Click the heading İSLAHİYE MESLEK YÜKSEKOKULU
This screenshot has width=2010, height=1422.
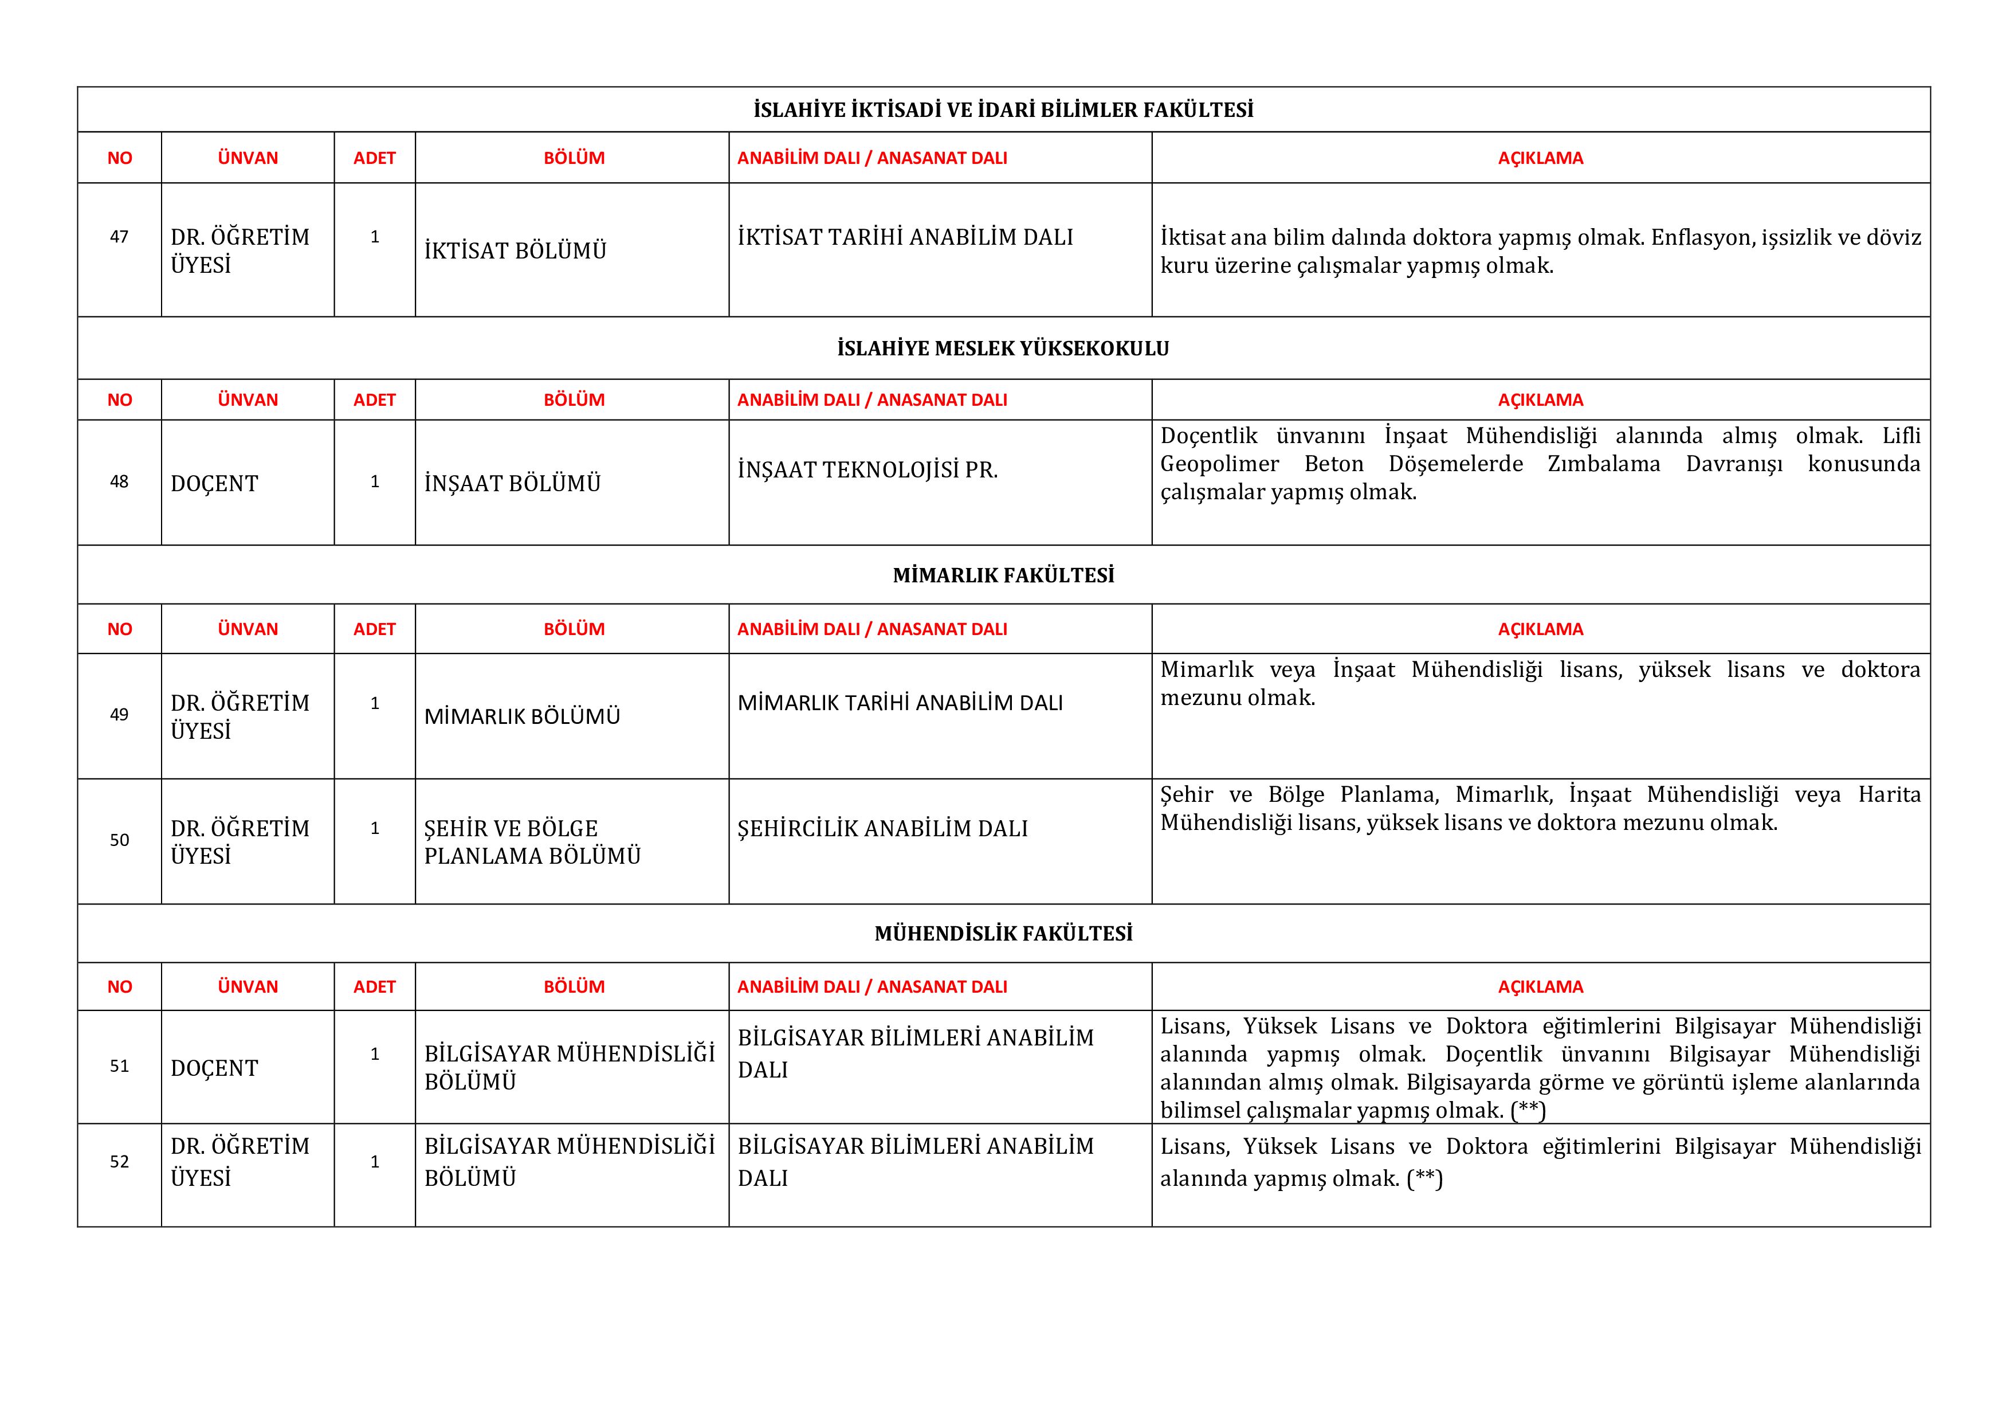(x=1003, y=348)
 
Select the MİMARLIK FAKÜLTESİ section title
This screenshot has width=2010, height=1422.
(x=1003, y=575)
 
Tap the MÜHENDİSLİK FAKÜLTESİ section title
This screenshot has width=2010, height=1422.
(x=1003, y=934)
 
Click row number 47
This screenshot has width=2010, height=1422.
(x=119, y=236)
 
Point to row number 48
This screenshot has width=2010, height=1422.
(x=119, y=481)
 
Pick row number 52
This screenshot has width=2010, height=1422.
(x=119, y=1162)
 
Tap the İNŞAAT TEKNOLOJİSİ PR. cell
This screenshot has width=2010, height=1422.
(x=867, y=470)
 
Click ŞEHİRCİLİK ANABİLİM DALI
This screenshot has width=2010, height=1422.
(x=882, y=828)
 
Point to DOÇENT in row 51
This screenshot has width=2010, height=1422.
(x=214, y=1068)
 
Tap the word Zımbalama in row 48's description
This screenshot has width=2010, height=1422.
(x=1604, y=464)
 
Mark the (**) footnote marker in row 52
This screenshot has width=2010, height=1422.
(x=1424, y=1178)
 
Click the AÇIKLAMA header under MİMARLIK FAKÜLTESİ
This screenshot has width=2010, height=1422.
(x=1541, y=629)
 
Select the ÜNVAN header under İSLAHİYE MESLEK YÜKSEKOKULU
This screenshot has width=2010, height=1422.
(x=248, y=400)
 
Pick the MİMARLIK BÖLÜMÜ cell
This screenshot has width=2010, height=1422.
(x=522, y=716)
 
